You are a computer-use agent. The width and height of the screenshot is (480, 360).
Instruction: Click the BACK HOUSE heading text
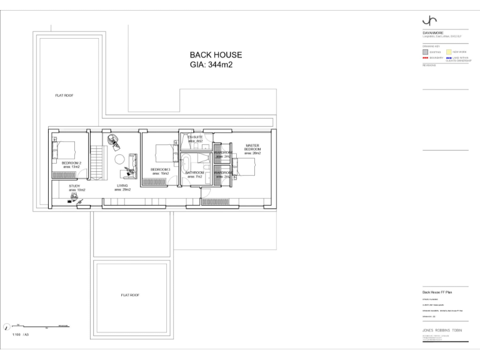click(216, 55)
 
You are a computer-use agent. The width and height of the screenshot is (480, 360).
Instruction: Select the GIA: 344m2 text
click(211, 65)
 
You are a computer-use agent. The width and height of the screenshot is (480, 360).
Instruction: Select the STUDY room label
click(75, 186)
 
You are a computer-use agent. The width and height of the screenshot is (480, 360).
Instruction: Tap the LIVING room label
click(122, 186)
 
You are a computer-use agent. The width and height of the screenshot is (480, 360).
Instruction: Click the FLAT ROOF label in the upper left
click(64, 96)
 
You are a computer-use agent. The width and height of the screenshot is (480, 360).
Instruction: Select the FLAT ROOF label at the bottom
click(130, 294)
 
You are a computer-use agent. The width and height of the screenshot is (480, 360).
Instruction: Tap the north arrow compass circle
click(7, 326)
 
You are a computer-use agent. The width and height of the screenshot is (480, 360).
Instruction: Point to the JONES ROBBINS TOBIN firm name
click(444, 329)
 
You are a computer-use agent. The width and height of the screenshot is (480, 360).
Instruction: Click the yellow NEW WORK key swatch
click(448, 52)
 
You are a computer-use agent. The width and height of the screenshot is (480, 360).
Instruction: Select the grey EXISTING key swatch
click(425, 52)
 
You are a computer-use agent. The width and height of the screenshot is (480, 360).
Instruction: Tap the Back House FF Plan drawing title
click(436, 292)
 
